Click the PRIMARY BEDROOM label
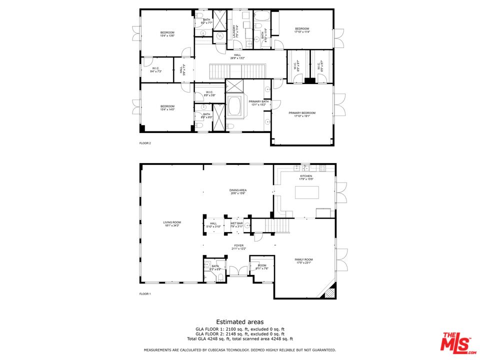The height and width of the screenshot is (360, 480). (302, 113)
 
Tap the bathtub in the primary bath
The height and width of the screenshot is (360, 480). (235, 107)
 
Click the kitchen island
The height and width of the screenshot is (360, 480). (306, 192)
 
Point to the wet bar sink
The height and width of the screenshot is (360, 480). (246, 226)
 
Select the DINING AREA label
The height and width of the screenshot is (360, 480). (238, 190)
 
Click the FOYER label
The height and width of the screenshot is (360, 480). (238, 245)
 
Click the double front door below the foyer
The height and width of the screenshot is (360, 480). (237, 273)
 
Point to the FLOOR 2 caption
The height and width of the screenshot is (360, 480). (145, 143)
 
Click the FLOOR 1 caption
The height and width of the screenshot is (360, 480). (145, 294)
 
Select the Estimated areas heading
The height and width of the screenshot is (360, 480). (239, 322)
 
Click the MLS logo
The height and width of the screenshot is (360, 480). (455, 342)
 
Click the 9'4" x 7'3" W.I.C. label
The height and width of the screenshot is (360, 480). (155, 71)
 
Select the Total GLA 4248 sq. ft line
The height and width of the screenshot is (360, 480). (239, 339)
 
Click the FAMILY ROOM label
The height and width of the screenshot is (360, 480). (304, 259)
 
